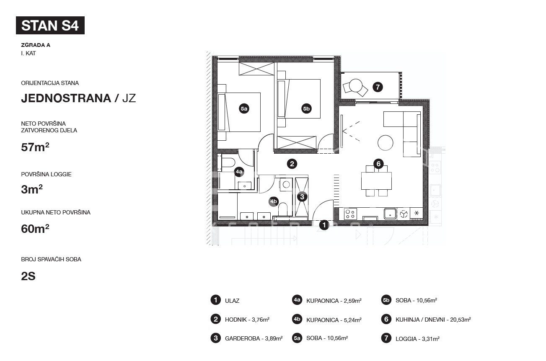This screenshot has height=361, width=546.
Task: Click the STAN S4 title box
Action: coord(50,25)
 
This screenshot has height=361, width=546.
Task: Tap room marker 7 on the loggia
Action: coord(378,87)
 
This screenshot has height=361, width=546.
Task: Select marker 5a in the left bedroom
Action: coord(244,108)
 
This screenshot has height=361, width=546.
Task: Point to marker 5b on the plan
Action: coord(306,108)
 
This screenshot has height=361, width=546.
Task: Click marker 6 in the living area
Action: coord(378,164)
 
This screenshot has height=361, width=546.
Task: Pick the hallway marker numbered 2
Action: coord(292,164)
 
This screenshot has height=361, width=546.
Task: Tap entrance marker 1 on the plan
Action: coord(324,225)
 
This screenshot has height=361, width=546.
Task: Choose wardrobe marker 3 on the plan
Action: coord(302,197)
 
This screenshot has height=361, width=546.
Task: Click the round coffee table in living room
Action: coord(386,143)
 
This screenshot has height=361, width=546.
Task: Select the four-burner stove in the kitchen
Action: coord(350,214)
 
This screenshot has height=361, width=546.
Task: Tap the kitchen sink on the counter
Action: coord(390,214)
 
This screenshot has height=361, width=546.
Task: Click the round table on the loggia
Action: coord(356,85)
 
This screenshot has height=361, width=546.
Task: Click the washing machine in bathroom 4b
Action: coord(286,184)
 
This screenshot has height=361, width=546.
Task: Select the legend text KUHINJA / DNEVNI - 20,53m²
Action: coord(433,320)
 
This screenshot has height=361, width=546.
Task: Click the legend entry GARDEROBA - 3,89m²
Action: coord(254,338)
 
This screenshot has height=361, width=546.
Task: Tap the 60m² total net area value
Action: coord(35,229)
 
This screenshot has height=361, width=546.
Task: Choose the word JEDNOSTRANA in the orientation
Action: coord(66,98)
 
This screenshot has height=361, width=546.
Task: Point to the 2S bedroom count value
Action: coord(28,276)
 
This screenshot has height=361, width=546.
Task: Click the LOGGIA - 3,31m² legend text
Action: coord(417,338)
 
